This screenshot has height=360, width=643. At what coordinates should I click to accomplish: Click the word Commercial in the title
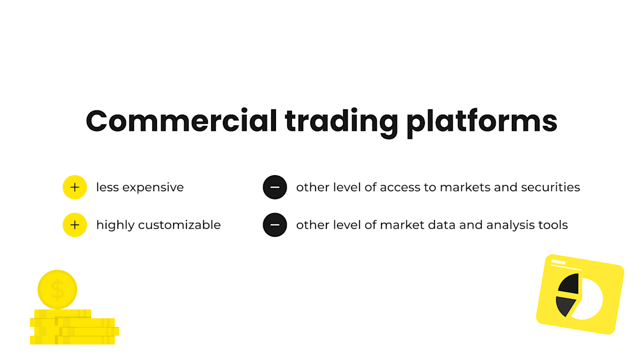(181, 121)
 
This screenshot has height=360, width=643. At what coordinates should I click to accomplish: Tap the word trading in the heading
(341, 122)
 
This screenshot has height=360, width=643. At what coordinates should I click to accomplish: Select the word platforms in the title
(481, 122)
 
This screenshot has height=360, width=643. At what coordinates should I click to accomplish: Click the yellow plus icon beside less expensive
(75, 187)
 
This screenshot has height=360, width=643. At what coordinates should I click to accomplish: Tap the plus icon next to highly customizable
(75, 225)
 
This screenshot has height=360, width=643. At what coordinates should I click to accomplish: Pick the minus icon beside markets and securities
(275, 187)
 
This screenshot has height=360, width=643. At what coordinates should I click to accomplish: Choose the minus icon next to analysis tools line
(275, 225)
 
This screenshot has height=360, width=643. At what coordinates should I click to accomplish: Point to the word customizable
(180, 225)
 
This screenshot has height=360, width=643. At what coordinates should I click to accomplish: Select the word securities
(554, 187)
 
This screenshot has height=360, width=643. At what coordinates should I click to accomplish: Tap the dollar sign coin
(57, 290)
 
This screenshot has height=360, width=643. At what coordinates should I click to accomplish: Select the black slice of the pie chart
(570, 283)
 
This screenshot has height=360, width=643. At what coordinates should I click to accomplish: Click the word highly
(115, 225)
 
